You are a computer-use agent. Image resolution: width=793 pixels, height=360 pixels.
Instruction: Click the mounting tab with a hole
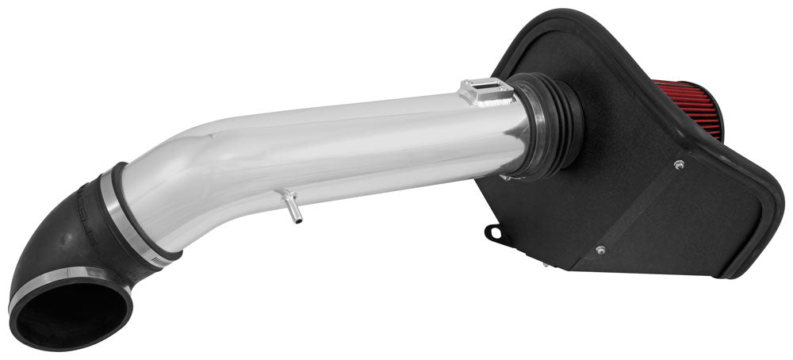pyautogui.click(x=494, y=233)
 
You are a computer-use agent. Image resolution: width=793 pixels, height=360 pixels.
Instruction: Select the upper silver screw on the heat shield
pyautogui.click(x=679, y=165)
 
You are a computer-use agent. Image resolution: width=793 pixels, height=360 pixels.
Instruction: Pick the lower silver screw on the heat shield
pyautogui.click(x=600, y=250)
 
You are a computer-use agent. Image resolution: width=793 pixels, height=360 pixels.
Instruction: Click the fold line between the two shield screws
pyautogui.click(x=639, y=208)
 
